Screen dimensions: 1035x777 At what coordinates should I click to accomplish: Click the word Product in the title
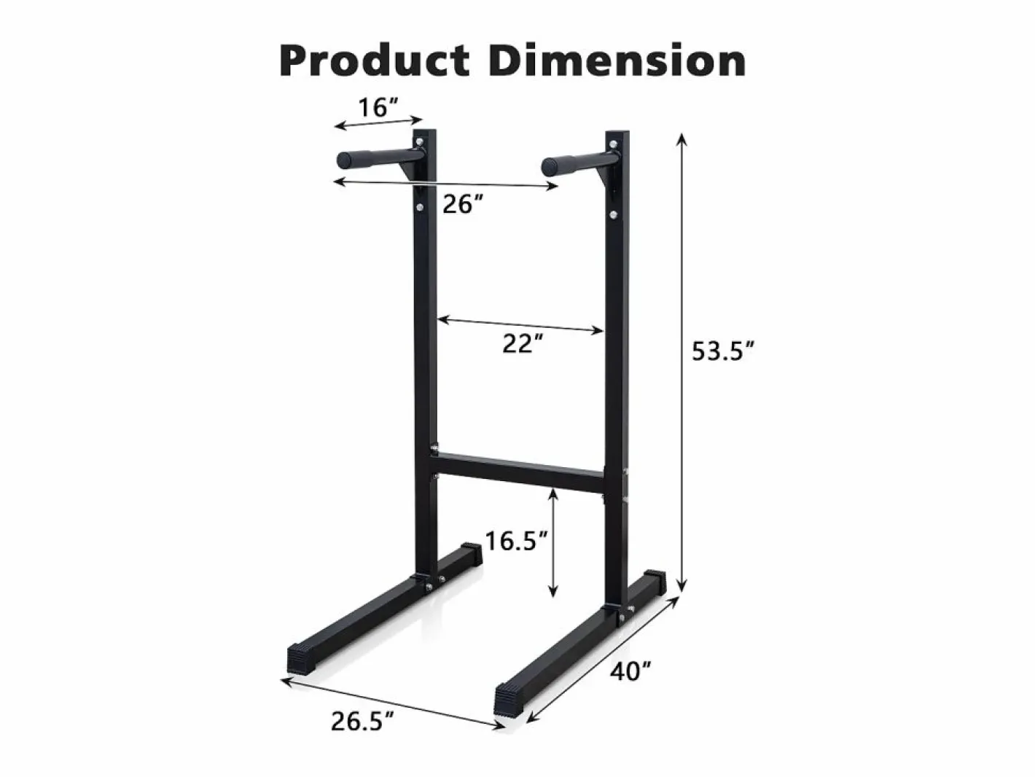click(375, 60)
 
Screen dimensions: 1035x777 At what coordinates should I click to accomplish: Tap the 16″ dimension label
click(378, 106)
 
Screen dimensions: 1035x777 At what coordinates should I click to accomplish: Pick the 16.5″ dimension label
click(517, 541)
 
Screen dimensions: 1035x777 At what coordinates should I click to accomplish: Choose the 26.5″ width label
click(362, 721)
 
